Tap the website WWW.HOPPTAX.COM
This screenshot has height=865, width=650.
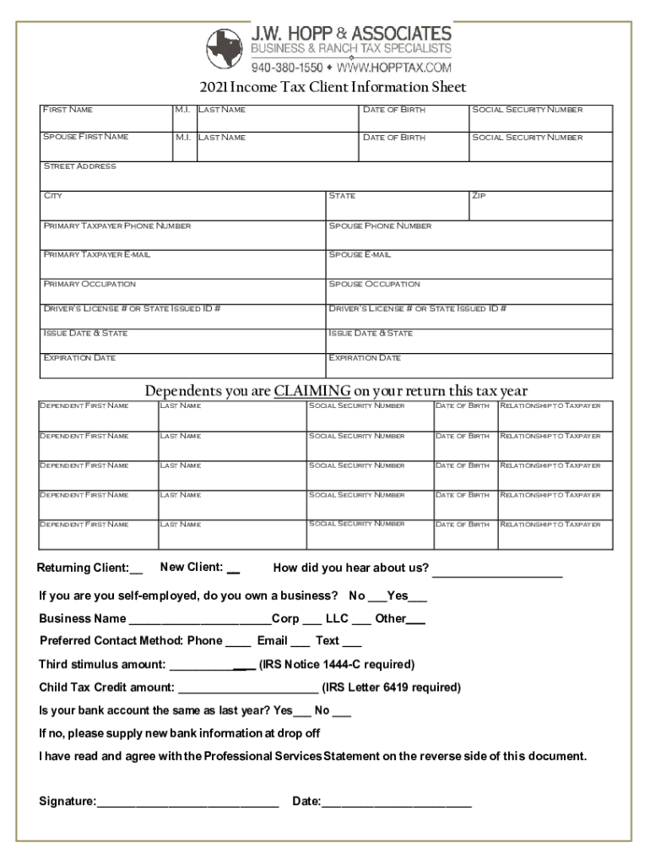point(397,67)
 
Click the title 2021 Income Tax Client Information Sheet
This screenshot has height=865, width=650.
point(333,88)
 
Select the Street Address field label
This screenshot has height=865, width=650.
point(79,166)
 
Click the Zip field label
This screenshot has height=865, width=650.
point(480,196)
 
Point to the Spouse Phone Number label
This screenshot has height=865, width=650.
point(380,226)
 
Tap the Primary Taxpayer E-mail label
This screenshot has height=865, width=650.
point(96,254)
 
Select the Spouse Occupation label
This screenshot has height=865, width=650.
point(374,284)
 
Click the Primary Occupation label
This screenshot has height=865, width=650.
point(89,284)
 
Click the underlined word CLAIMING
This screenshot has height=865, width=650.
point(311,391)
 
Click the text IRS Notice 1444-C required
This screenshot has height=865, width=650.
point(336,664)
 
